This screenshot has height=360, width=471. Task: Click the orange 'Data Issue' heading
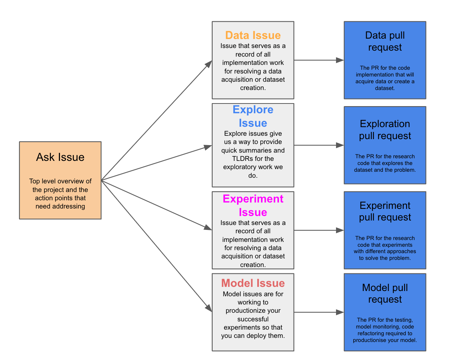253,35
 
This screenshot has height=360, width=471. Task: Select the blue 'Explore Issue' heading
253,116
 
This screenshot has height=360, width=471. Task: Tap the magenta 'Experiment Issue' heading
253,205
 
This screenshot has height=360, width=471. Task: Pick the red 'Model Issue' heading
253,283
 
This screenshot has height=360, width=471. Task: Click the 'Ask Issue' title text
60,157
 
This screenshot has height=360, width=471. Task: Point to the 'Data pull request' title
385,41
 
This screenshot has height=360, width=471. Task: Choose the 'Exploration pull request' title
385,130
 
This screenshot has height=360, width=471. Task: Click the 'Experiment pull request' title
385,211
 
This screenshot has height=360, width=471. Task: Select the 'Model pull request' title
385,293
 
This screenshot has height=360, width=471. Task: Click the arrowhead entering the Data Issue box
209,64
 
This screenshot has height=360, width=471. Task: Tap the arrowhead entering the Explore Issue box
208,147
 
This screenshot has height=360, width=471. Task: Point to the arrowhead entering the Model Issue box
208,307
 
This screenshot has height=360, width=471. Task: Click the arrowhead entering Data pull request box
340,60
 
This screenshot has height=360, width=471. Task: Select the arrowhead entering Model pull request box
340,312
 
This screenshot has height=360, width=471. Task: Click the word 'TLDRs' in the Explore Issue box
242,159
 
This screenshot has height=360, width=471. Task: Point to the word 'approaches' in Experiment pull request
402,251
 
